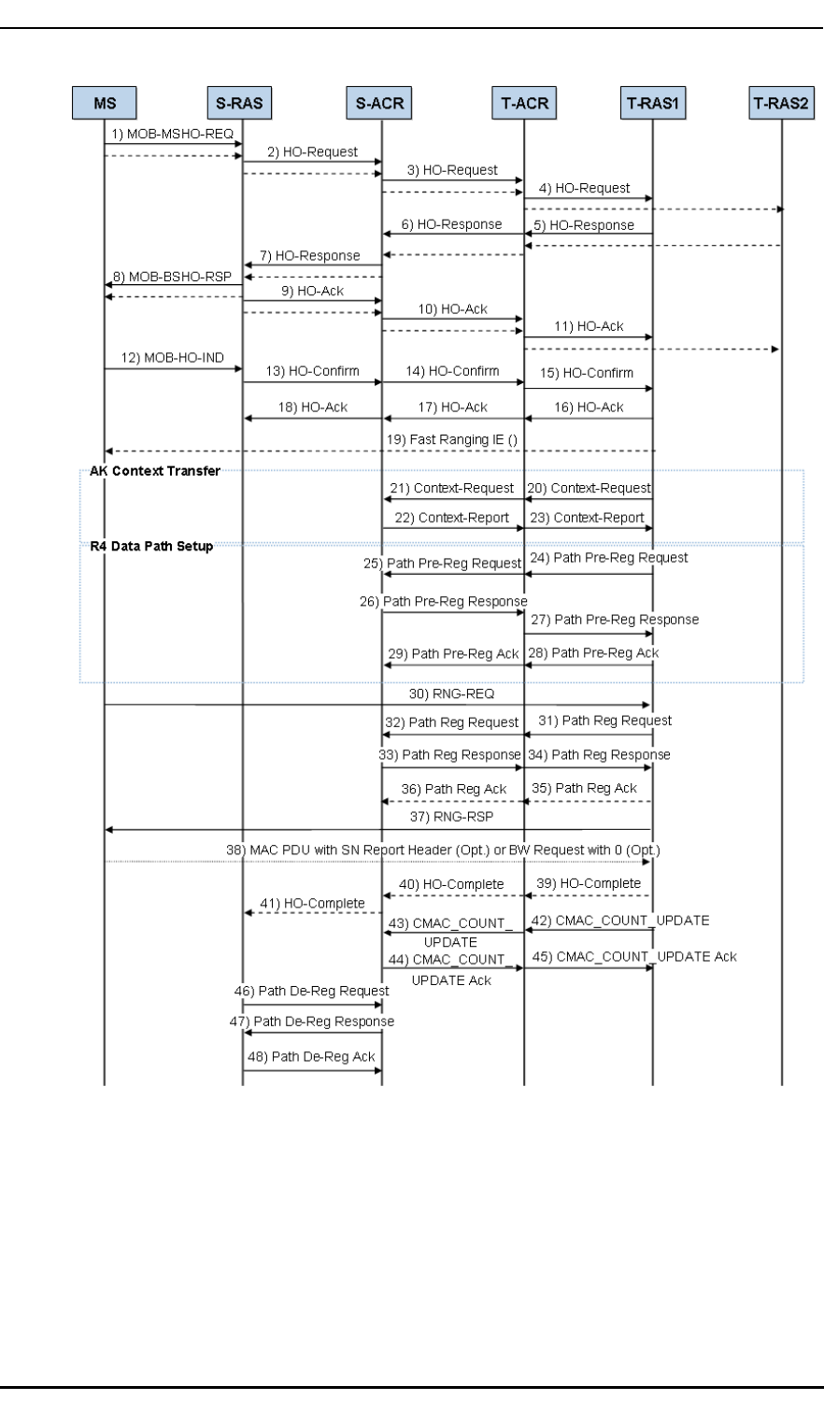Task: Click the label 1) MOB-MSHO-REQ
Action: (x=173, y=134)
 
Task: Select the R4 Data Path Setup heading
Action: (x=147, y=547)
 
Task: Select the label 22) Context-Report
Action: (x=450, y=517)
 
